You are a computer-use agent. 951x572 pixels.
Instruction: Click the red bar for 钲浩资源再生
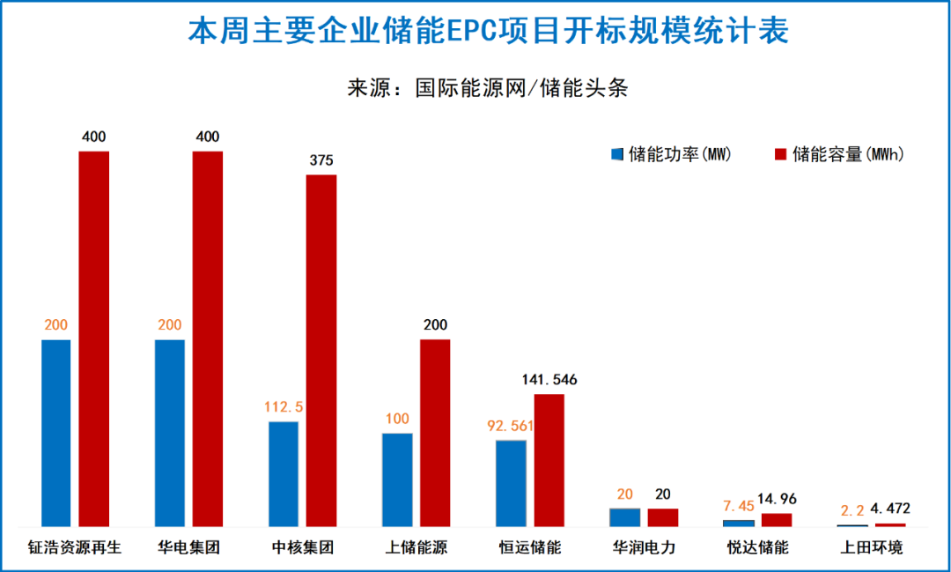tap(94, 339)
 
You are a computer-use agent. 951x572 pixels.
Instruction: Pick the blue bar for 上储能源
tap(397, 480)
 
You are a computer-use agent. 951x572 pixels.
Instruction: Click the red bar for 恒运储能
tap(549, 460)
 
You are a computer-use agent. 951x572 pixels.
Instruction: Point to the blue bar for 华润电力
tap(624, 517)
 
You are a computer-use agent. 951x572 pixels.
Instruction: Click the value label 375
tap(321, 160)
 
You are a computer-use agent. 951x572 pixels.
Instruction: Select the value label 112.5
tap(284, 406)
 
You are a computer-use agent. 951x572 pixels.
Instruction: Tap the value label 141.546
tap(549, 380)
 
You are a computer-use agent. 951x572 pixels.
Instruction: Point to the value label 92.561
tap(511, 426)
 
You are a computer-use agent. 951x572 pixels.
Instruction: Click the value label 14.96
tap(778, 499)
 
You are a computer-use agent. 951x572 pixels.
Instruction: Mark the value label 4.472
tap(890, 509)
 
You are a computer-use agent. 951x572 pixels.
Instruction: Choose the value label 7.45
tap(739, 505)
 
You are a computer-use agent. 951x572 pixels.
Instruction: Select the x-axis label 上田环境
tap(871, 547)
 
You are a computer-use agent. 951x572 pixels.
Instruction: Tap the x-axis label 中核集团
tap(303, 547)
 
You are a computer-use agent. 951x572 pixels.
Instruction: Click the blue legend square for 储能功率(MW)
tap(617, 154)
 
